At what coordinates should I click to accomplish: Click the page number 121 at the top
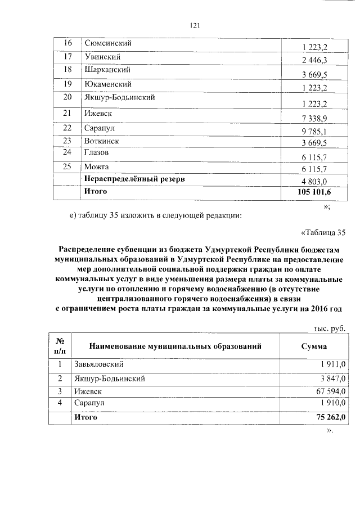pyautogui.click(x=195, y=25)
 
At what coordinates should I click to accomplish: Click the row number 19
pyautogui.click(x=68, y=84)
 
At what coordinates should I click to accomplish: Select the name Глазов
pyautogui.click(x=97, y=152)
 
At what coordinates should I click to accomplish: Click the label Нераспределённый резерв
pyautogui.click(x=134, y=179)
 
